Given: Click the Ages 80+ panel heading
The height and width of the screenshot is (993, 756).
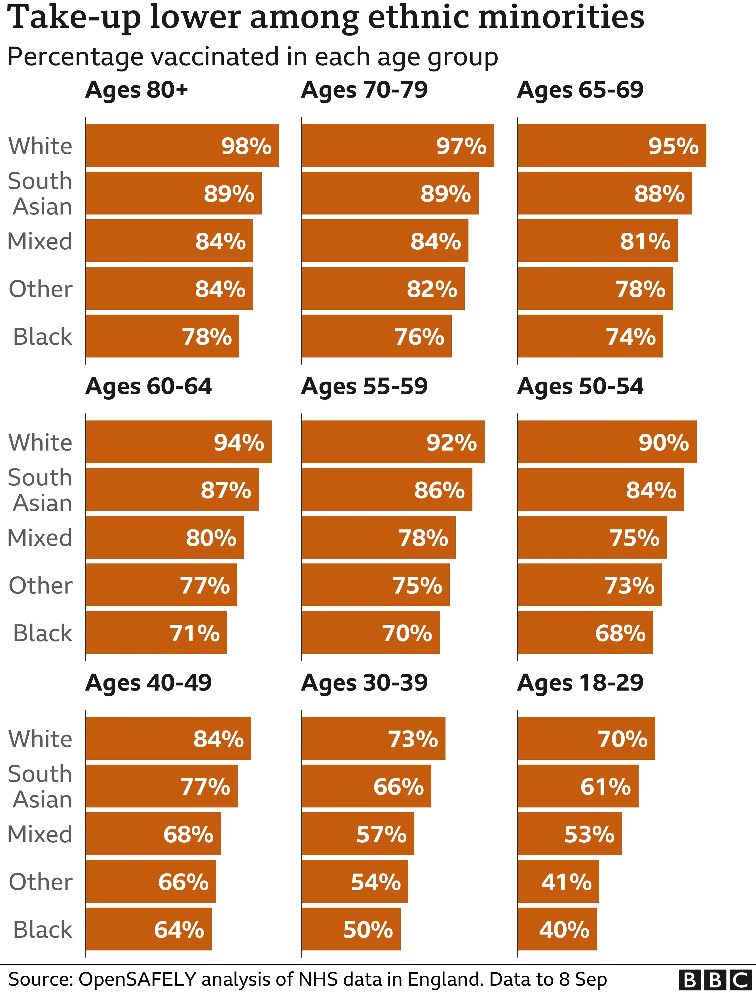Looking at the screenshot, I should [136, 90].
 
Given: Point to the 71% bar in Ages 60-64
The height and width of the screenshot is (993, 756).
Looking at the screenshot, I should [156, 632].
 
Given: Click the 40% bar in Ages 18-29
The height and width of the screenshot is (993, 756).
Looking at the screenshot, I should [557, 929].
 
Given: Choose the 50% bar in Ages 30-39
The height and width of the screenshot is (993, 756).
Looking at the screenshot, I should [351, 929].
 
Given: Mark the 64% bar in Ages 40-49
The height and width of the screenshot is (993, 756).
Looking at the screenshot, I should [149, 929].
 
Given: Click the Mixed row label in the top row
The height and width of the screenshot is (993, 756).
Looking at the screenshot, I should [40, 241].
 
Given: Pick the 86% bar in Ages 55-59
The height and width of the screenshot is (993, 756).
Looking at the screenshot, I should [387, 490].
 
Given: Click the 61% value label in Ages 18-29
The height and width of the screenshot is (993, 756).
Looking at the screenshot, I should [605, 787].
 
